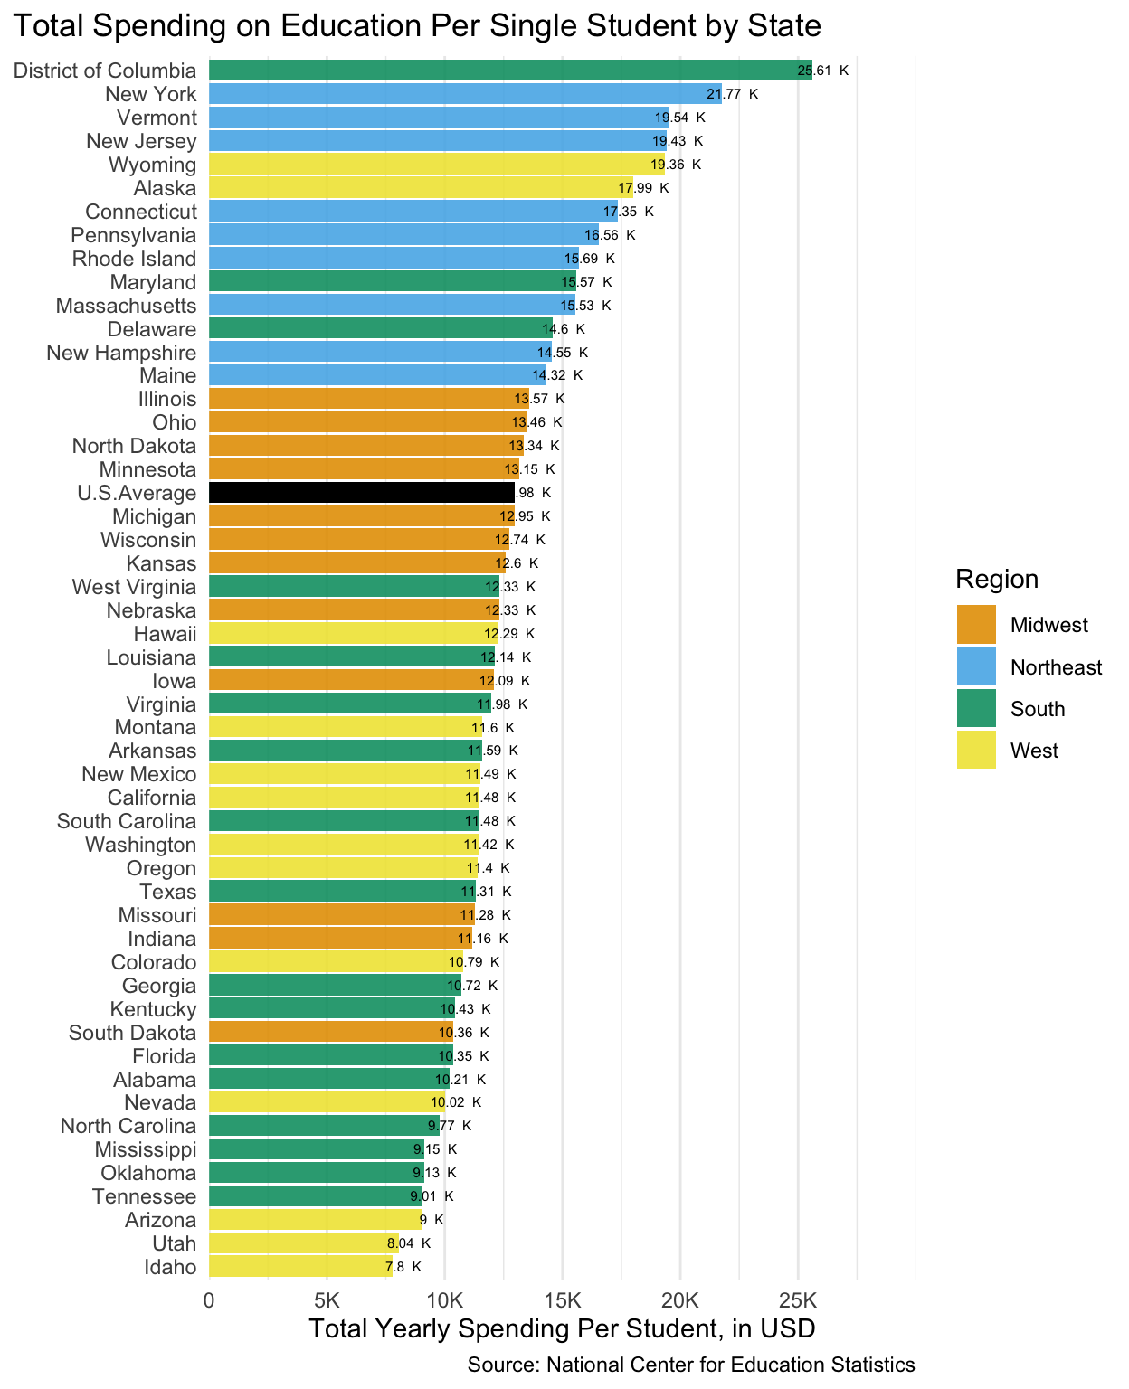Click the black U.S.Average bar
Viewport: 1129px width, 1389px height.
coord(362,493)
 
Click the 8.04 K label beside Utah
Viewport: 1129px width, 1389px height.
coord(408,1243)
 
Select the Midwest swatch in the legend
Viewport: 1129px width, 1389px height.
coord(976,625)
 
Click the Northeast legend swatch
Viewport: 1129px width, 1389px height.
coord(976,667)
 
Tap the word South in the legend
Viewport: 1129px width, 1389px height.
coord(1038,709)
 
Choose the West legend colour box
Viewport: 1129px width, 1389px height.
coord(976,750)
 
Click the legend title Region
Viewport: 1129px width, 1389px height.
coord(997,579)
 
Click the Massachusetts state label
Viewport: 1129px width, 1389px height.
coord(126,306)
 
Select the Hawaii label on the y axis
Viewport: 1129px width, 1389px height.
coord(165,634)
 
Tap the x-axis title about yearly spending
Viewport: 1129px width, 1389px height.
coord(562,1329)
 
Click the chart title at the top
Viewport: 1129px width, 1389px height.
coord(416,25)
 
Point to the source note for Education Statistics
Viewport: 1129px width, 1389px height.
coord(691,1365)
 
